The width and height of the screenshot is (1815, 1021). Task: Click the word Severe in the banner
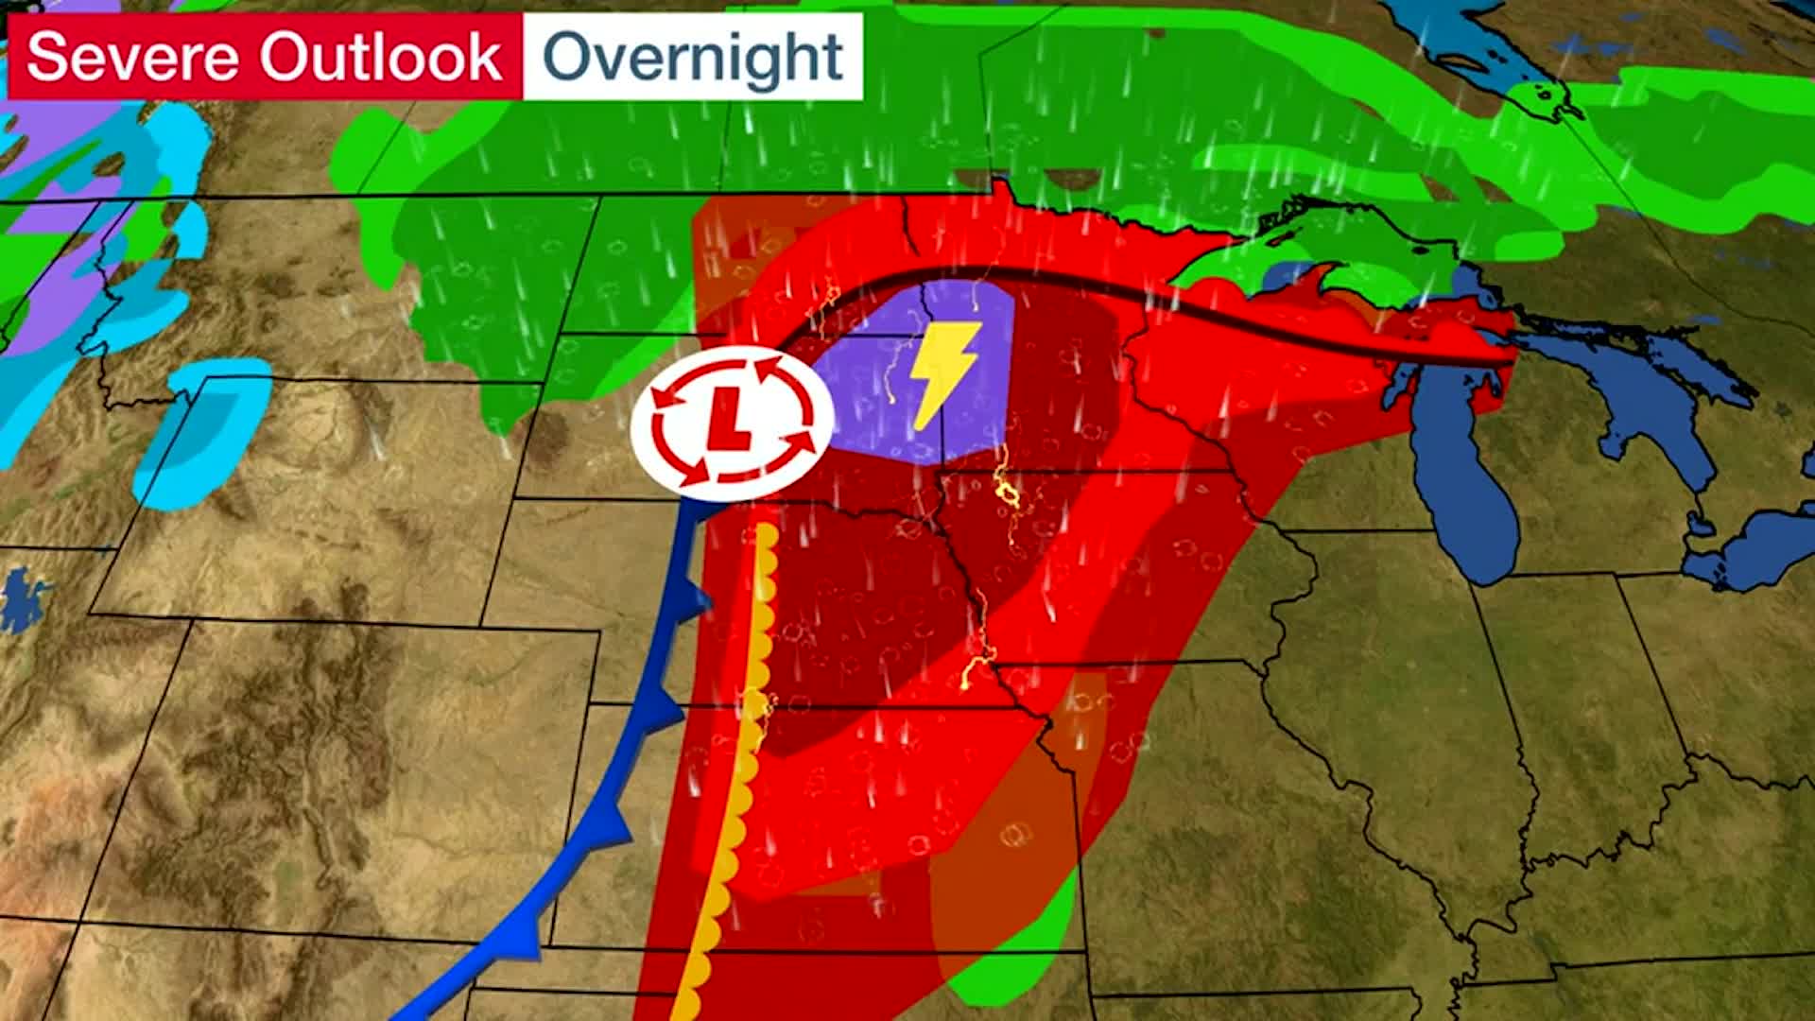[132, 57]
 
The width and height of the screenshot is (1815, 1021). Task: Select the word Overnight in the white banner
[692, 57]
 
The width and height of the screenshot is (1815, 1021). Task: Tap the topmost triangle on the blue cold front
[698, 597]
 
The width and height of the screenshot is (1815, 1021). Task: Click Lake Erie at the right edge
[1758, 548]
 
